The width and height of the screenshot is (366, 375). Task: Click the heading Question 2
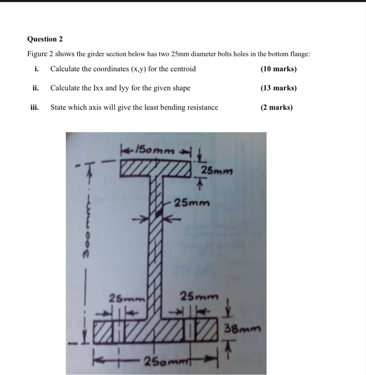pos(45,39)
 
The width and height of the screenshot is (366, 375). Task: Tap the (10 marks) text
pos(278,69)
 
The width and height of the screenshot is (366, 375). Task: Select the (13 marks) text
pos(278,88)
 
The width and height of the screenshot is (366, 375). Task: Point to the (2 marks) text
pos(276,107)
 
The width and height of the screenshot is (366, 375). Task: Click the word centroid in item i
pos(183,69)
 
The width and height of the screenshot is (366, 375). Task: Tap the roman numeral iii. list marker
pos(34,107)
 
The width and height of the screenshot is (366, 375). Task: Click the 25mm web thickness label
pos(192,203)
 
